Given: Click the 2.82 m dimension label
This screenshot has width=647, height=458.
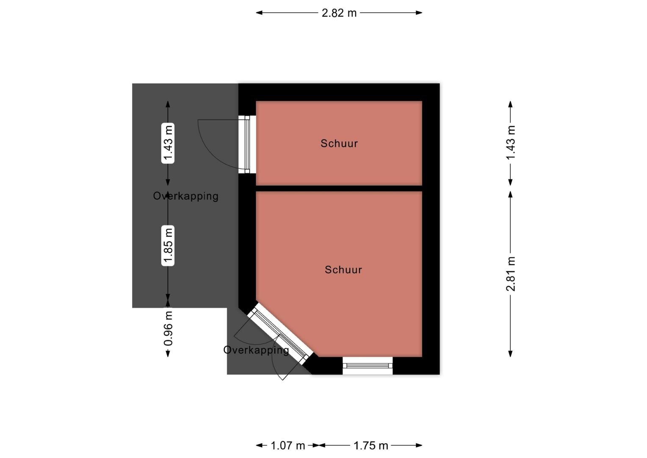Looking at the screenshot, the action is (x=339, y=13).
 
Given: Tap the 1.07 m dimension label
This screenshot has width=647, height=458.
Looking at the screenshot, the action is (x=288, y=446).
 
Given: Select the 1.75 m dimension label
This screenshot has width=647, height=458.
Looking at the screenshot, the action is (x=371, y=446).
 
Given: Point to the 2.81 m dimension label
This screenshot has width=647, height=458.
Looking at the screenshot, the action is (x=510, y=274).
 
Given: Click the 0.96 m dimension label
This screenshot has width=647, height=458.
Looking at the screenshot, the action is (x=168, y=328).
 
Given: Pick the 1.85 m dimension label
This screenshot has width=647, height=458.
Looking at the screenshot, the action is (x=168, y=246).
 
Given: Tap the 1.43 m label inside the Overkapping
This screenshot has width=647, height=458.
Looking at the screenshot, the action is (x=168, y=143).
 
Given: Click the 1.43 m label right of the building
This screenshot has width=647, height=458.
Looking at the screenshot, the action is (x=510, y=142).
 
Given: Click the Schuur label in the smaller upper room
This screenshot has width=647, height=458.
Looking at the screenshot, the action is (x=339, y=143).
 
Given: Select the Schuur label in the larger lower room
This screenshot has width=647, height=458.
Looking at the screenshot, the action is (x=343, y=270).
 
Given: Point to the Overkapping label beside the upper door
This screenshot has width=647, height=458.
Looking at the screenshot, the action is (x=185, y=196).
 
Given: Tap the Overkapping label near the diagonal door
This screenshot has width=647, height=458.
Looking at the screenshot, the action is (x=256, y=350).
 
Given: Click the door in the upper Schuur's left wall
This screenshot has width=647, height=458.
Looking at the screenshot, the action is (x=247, y=144).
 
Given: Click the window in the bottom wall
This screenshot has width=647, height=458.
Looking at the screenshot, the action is (x=368, y=366).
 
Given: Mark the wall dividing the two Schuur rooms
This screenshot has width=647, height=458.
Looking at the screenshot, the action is (x=339, y=188).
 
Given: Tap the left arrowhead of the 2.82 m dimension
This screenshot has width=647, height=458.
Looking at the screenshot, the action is (x=259, y=13).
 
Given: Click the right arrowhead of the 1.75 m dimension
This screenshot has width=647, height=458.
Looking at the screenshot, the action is (x=419, y=445).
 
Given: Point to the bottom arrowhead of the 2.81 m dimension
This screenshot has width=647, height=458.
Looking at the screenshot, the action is (x=510, y=354).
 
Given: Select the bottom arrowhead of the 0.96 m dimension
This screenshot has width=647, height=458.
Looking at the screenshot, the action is (x=168, y=354).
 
